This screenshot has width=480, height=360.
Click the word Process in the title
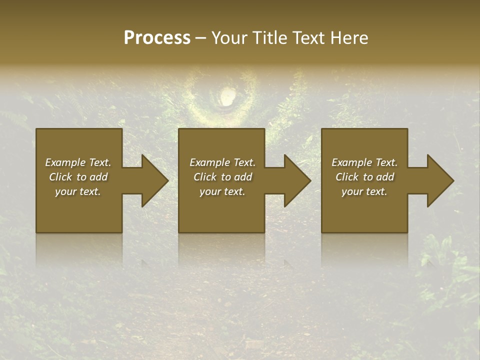157,38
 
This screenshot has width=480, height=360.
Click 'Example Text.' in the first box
78,162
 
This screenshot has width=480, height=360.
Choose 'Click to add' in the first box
78,177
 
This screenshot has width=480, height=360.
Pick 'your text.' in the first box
78,191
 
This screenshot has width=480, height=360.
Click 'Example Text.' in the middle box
222,162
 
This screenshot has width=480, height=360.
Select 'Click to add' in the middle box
222,177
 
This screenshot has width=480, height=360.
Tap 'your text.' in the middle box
222,191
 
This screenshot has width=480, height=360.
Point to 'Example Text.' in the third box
364,162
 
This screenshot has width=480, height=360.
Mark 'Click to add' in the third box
364,177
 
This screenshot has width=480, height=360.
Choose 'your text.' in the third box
364,191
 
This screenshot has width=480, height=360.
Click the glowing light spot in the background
226,96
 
